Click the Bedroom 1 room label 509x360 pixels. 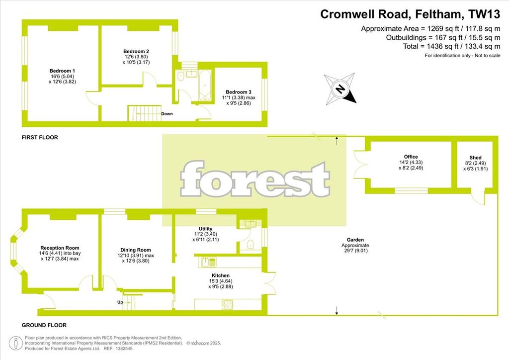point(62,71)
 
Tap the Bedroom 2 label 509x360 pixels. point(136,51)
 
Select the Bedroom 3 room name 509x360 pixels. point(239,92)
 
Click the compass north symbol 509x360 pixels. point(340,89)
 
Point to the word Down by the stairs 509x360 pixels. point(167,114)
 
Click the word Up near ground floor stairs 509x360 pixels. point(120,302)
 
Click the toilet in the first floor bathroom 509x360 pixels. point(181,76)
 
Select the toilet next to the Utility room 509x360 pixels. point(251,245)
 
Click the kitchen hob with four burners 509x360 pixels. point(227,304)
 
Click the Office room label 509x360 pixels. point(411,157)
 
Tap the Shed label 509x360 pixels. point(475,158)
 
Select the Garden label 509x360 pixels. point(355,240)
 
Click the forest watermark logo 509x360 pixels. point(255,179)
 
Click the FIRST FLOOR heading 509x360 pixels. point(40,137)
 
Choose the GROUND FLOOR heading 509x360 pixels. point(44,325)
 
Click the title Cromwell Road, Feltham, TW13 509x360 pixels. point(410,14)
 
